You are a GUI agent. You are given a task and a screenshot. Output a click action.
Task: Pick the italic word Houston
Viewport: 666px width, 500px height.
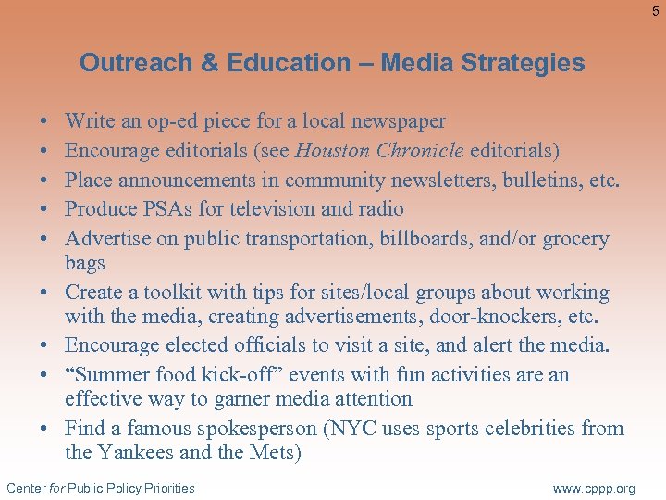(x=333, y=150)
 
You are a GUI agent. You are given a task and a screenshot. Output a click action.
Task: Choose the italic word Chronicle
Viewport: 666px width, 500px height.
(x=420, y=150)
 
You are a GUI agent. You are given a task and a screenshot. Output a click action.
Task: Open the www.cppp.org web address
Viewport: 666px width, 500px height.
(x=594, y=488)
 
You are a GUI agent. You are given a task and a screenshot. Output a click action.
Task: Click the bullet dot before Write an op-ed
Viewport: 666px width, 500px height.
(x=45, y=122)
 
